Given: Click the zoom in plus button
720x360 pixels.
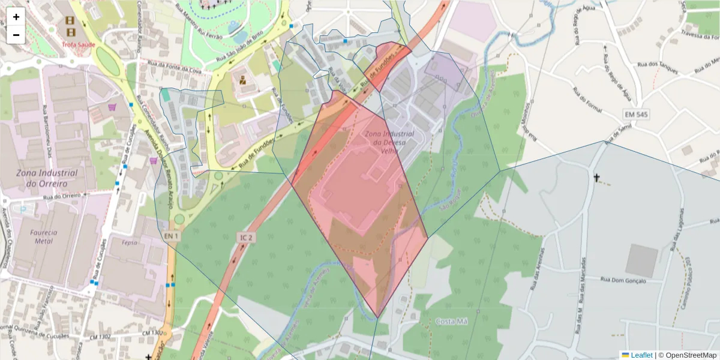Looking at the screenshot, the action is coord(16,17).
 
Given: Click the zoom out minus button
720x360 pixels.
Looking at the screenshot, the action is coord(16,35).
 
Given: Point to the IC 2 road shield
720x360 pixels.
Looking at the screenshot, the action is coord(246,238).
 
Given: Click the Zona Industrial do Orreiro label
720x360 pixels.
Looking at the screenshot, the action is coord(47,178).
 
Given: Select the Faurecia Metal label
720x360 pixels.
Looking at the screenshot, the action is coord(44,236).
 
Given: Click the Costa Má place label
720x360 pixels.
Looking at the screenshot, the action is coord(451,321).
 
